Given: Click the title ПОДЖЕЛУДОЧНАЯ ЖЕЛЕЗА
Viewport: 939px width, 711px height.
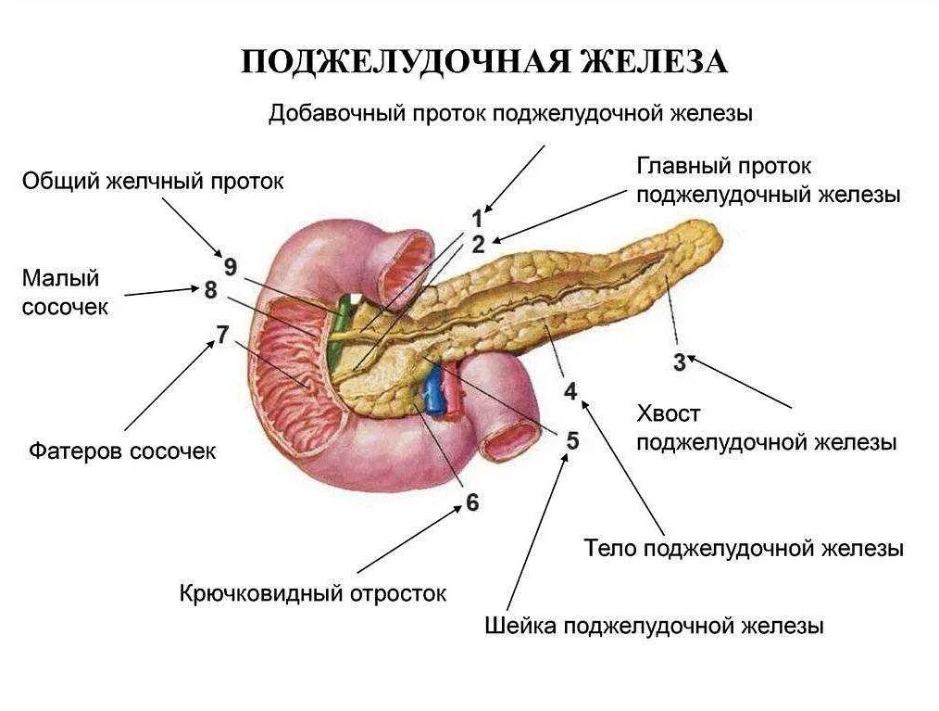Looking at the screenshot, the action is pos(485,61).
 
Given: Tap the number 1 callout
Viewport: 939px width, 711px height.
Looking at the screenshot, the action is pos(477,220).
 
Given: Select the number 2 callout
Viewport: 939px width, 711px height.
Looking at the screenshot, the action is pos(478,245).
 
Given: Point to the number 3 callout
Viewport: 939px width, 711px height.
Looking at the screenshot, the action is pos(679,362).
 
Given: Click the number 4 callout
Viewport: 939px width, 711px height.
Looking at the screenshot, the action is pos(570,391).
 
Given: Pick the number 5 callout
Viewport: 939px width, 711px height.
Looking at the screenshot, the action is pos(573,440).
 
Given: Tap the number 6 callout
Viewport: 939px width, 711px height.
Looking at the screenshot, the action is pos(472,502).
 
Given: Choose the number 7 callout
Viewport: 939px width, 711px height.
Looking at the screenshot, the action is pos(221,335).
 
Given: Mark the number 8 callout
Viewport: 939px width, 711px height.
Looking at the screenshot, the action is pos(211,290).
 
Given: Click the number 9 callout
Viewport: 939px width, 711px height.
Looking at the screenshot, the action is pos(230,267).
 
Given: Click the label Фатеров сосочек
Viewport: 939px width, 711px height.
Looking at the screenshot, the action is pos(121,451).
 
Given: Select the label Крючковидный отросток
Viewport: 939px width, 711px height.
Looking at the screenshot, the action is pos(313,592).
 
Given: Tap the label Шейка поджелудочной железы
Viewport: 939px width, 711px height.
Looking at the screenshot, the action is pos(654,626).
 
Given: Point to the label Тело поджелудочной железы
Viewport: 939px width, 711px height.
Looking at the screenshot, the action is pos(744,548).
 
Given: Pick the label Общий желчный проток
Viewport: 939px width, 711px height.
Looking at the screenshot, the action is pos(153,181).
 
